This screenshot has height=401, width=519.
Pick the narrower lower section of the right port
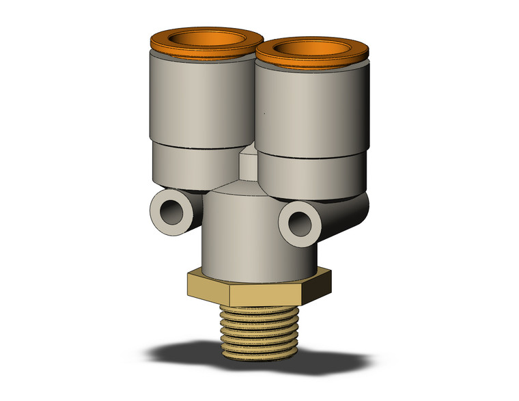(307, 174)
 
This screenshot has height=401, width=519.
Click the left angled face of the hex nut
(208, 286)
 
